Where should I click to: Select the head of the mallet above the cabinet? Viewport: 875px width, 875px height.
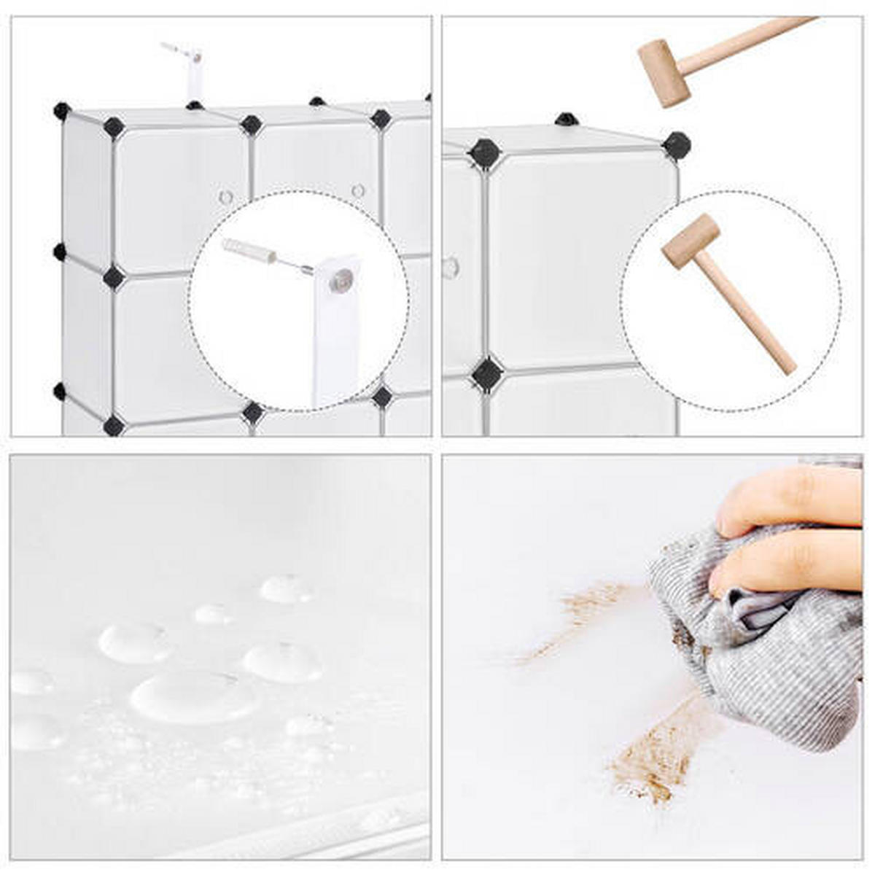[x=664, y=72]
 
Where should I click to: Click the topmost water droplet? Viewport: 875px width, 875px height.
[x=287, y=588]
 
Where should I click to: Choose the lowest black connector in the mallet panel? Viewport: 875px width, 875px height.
[x=487, y=374]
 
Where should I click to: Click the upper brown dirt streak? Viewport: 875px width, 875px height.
[x=583, y=612]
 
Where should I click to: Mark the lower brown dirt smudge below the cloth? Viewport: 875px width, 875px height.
[x=653, y=758]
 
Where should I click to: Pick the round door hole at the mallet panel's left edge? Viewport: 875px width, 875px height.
[x=450, y=268]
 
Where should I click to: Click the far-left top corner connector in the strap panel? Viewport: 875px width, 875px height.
[x=62, y=112]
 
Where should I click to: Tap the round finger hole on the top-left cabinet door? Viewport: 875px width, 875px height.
[x=226, y=197]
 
